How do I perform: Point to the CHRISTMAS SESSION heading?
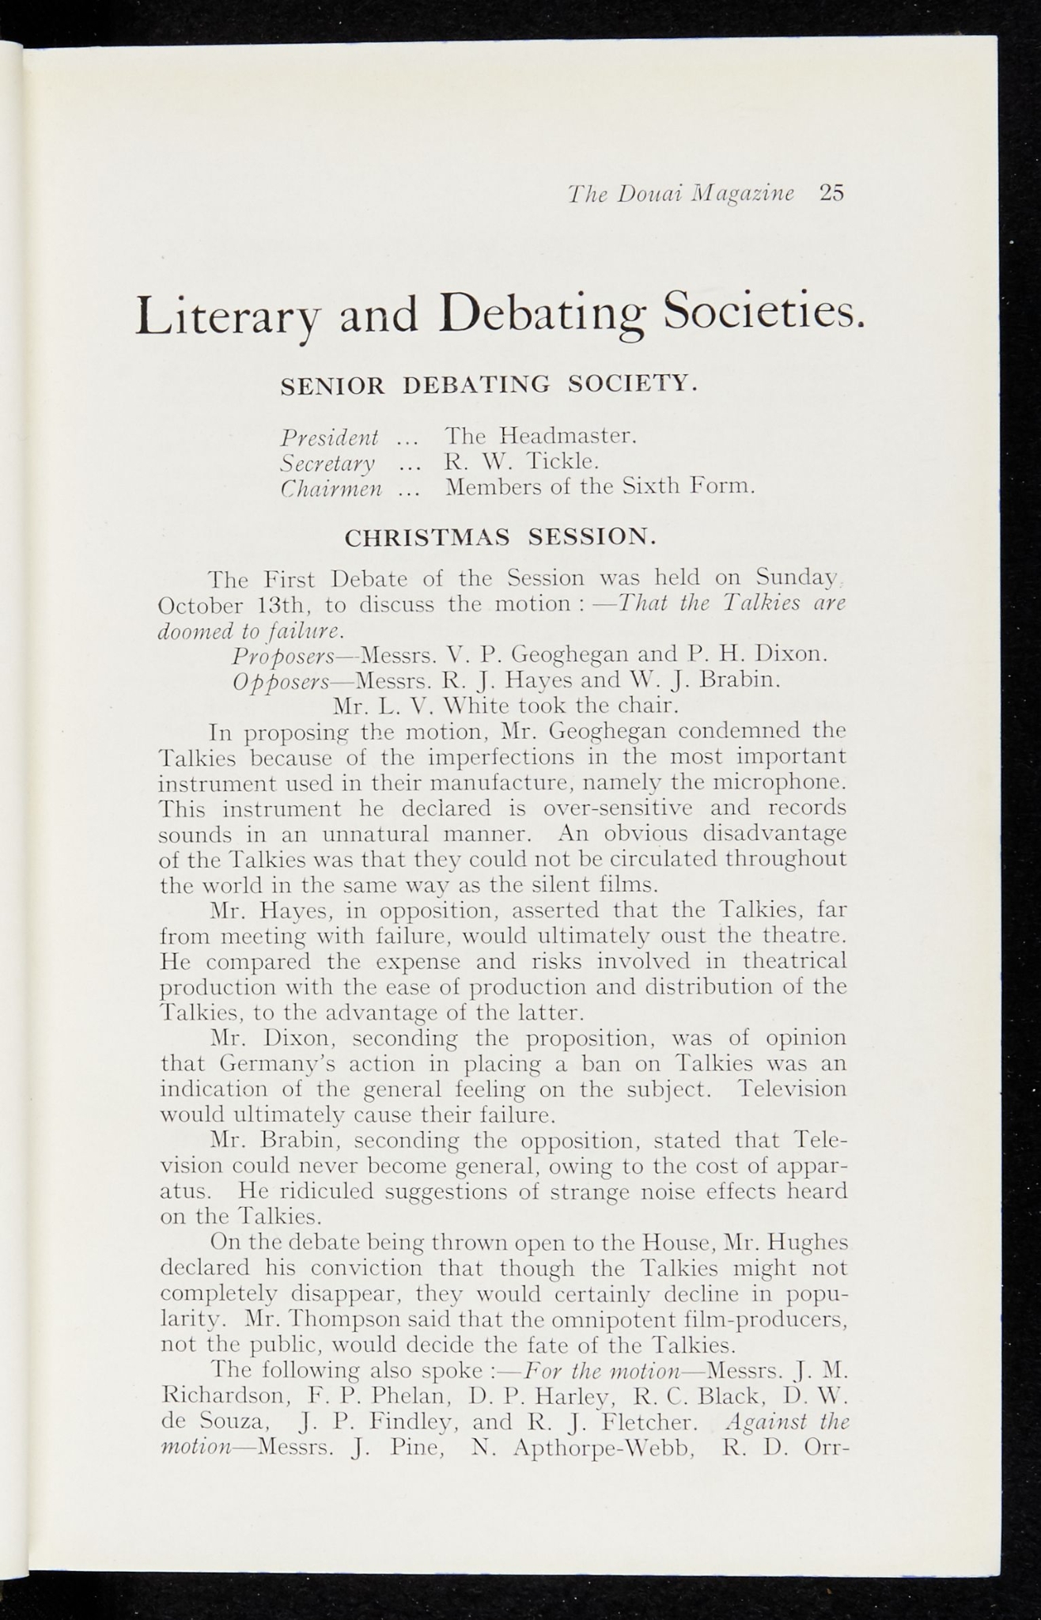coord(501,538)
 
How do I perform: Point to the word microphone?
coord(775,783)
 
